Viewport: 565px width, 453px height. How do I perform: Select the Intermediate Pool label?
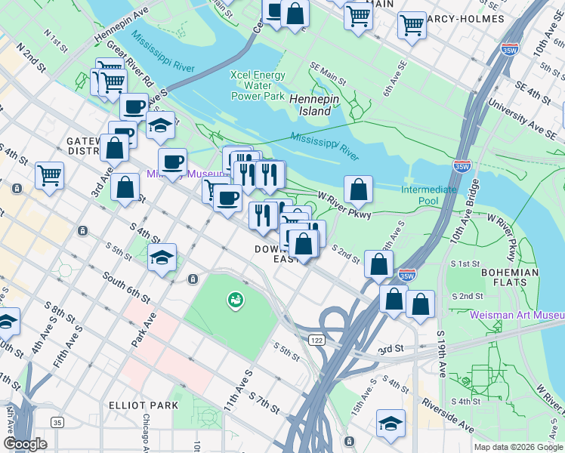pyautogui.click(x=429, y=196)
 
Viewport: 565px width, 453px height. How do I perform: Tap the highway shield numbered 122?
pyautogui.click(x=315, y=341)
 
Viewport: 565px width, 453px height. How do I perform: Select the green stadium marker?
pyautogui.click(x=236, y=300)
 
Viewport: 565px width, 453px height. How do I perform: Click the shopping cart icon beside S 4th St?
pyautogui.click(x=49, y=175)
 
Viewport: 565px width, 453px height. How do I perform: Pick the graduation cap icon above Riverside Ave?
pyautogui.click(x=391, y=423)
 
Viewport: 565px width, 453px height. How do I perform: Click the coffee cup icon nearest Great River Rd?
pyautogui.click(x=134, y=106)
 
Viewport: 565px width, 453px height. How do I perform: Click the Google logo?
pyautogui.click(x=25, y=443)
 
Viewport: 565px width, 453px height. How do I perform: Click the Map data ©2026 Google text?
pyautogui.click(x=517, y=447)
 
